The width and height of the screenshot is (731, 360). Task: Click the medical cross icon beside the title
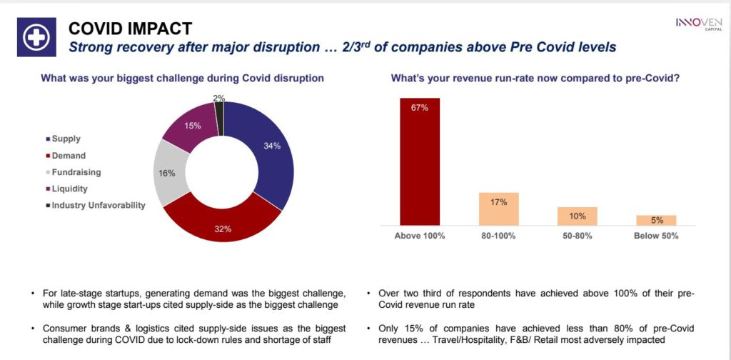pos(33,39)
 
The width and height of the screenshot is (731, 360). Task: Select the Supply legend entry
pos(66,139)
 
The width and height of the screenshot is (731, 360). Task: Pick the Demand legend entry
pos(69,156)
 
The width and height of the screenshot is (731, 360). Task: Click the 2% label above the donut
pos(218,97)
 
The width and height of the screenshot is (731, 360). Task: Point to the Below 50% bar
pos(656,221)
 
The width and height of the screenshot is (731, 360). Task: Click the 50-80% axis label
pos(577,236)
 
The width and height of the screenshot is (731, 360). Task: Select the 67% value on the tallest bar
pos(419,108)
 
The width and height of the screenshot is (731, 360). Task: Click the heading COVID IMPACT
pos(130,29)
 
